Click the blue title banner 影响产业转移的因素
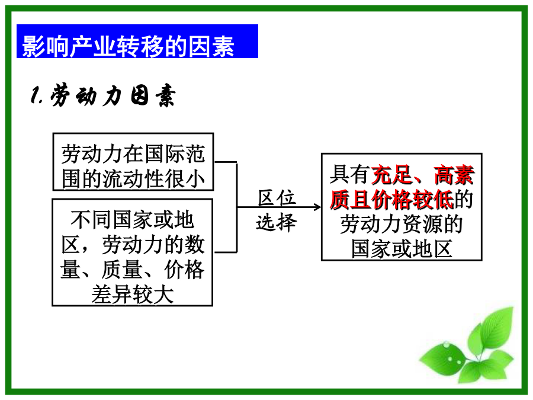point(137,41)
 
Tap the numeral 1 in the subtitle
point(35,95)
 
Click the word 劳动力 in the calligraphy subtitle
point(86,95)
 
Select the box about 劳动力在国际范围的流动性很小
point(133,162)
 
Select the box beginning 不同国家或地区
point(133,252)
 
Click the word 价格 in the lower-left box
point(184,270)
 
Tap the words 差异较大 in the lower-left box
point(133,295)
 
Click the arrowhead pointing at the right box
point(317,207)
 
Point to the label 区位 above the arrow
point(277,197)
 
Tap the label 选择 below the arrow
point(277,223)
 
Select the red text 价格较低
point(412,200)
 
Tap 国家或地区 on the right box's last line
point(402,249)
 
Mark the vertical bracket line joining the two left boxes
point(236,207)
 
